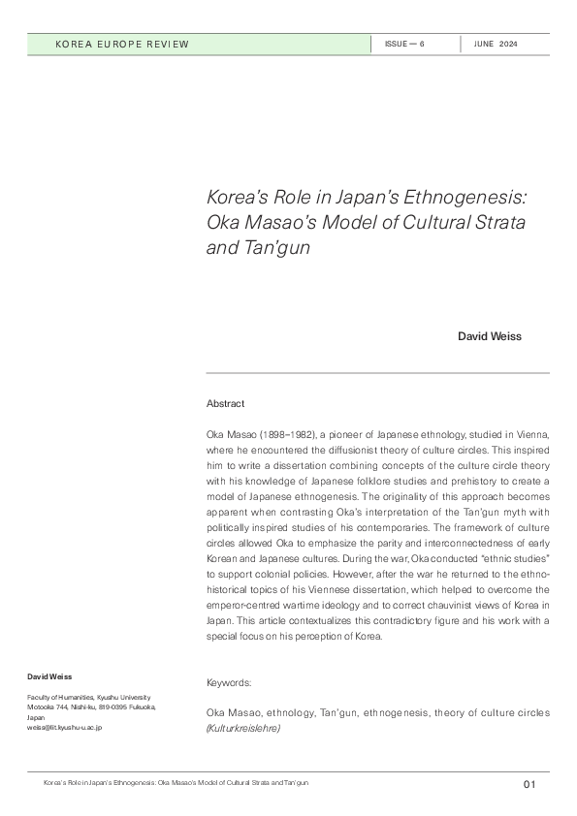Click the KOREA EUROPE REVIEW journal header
pos(122,45)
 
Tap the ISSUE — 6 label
pos(404,45)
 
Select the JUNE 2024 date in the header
pos(496,45)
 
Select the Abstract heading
pos(226,403)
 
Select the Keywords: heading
pos(229,682)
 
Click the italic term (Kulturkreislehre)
pos(243,726)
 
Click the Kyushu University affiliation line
pos(88,698)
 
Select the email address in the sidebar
pos(64,727)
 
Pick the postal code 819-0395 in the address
pos(119,707)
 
